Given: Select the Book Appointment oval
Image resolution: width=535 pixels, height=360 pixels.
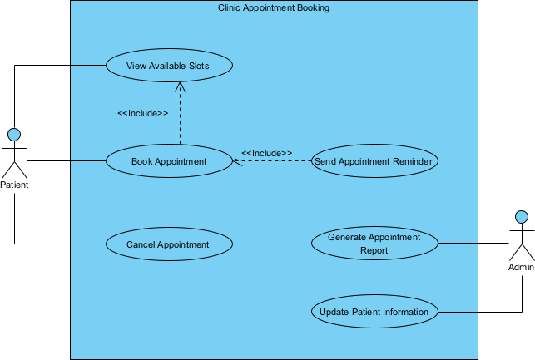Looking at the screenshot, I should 168,161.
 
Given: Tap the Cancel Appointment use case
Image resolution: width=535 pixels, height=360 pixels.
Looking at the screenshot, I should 168,244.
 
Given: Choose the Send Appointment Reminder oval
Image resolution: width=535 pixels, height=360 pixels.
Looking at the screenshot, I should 374,161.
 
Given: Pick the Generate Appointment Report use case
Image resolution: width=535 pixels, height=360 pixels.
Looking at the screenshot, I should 374,244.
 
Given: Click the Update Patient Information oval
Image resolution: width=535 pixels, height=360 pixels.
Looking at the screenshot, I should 374,313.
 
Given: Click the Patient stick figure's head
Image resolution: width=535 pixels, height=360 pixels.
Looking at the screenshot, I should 13,134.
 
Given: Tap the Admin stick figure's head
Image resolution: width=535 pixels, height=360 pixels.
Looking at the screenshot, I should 521,217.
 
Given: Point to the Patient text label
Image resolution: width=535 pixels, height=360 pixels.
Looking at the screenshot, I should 14,185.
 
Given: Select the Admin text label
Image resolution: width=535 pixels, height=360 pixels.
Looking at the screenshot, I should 521,268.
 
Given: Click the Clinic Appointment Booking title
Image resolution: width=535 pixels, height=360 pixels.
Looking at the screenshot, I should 273,8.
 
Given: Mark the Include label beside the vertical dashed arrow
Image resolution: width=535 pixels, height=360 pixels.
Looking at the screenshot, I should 143,113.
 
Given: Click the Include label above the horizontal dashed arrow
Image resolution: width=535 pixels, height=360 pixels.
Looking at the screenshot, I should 266,153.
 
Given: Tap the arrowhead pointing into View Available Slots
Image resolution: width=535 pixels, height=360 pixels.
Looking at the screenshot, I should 180,86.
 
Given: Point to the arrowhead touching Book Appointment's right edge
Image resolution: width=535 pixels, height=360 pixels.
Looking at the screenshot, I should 235,161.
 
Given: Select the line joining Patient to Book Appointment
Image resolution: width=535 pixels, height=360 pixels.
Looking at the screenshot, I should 67,160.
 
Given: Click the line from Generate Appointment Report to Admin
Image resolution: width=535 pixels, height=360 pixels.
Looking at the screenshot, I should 473,244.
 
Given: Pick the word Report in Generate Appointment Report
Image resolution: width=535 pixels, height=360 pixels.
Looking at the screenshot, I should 374,250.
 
